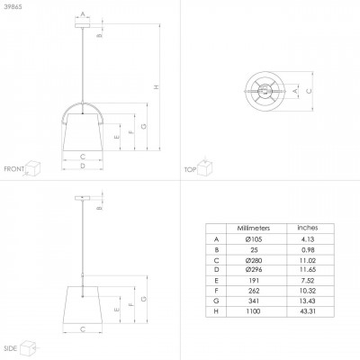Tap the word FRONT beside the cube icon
point(13,168)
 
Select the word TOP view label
point(190,168)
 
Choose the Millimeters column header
point(253,229)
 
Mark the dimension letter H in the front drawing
point(157,87)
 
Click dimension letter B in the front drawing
point(101,35)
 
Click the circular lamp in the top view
point(266,91)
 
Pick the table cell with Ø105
point(253,238)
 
